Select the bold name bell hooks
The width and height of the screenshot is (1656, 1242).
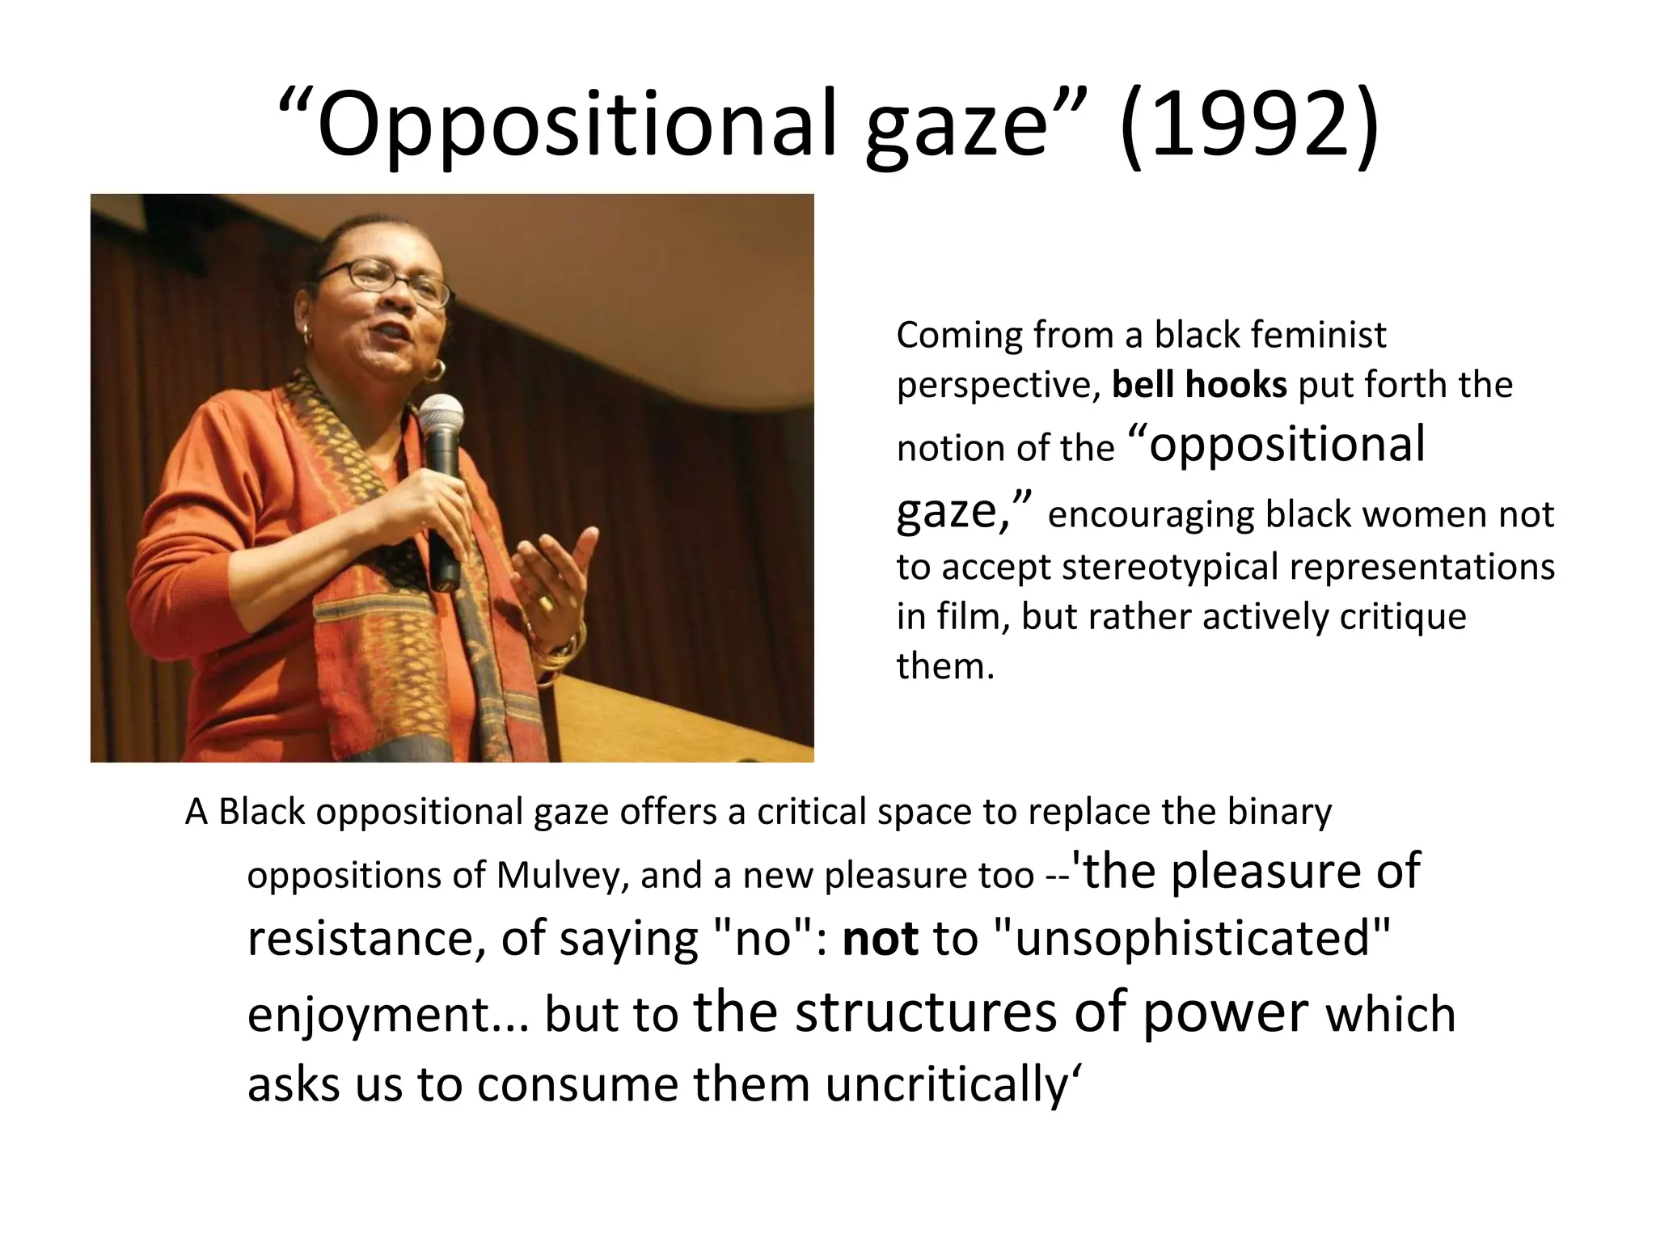coord(1199,385)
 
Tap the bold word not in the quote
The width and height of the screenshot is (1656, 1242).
coord(880,940)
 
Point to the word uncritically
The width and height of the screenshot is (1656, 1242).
coord(948,1085)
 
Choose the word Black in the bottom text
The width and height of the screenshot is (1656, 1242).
coord(262,812)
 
